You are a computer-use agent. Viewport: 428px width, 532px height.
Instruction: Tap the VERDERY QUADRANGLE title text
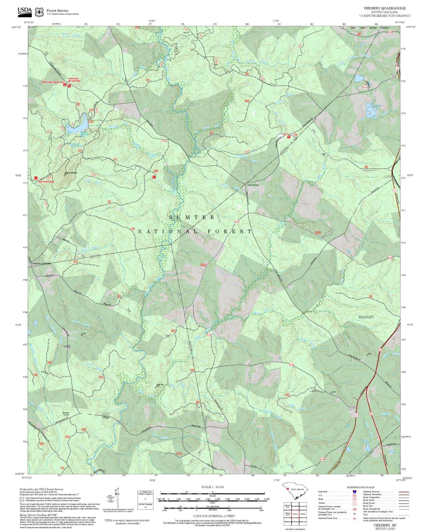(x=384, y=8)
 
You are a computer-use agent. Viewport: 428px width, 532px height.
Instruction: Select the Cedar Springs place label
(x=253, y=185)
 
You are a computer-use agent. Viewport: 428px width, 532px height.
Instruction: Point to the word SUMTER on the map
(x=192, y=218)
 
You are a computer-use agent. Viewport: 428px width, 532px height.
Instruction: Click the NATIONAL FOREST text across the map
(x=195, y=231)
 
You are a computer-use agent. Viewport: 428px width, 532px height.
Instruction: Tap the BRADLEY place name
(x=366, y=317)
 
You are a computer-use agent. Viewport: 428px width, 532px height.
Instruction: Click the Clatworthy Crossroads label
(x=41, y=264)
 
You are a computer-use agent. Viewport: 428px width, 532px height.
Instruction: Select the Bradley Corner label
(x=66, y=414)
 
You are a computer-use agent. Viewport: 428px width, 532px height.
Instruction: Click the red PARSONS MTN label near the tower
(x=46, y=182)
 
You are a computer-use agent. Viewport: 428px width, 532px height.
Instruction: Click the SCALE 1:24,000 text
(x=213, y=487)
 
